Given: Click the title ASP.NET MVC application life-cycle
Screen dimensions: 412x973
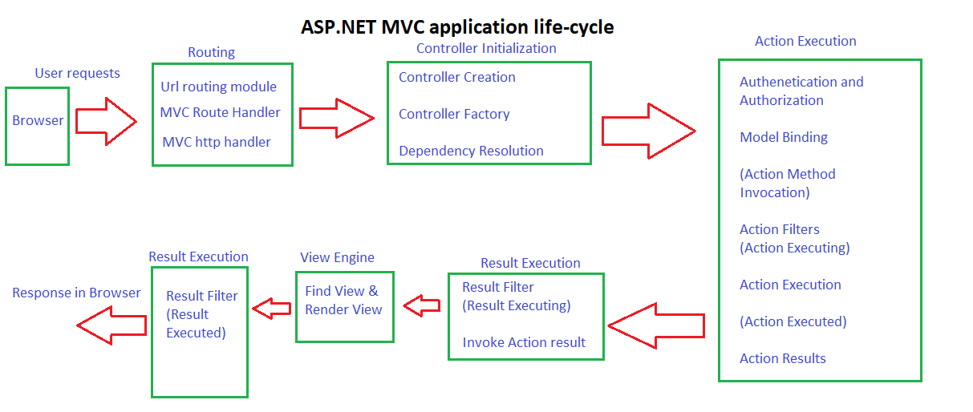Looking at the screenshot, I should tap(457, 26).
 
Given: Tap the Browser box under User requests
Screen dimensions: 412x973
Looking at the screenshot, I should tap(37, 121).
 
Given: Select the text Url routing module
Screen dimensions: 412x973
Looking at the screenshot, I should tap(218, 87).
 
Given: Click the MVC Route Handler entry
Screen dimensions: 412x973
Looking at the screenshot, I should tap(220, 112).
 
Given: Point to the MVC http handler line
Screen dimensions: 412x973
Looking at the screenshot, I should tap(217, 142).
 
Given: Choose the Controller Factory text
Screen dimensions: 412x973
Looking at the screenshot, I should tap(454, 114).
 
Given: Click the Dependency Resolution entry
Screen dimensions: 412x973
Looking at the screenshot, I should tap(471, 151).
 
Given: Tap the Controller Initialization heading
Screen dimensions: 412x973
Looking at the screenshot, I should tap(486, 48).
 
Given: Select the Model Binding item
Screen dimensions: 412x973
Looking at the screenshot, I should tap(783, 137).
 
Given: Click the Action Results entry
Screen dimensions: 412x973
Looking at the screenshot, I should tap(782, 358).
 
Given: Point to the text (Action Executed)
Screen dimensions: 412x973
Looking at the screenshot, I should tap(793, 321).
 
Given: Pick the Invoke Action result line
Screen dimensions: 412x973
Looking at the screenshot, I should tap(524, 342).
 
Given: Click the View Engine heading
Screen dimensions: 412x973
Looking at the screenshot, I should tap(337, 257).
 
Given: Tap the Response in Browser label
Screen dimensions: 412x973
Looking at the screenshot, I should tap(76, 293).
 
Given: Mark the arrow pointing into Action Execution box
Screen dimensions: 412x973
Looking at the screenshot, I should tap(647, 131).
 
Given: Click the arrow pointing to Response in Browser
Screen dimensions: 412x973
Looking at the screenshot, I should tap(111, 325).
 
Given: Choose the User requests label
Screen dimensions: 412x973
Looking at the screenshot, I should tap(77, 73).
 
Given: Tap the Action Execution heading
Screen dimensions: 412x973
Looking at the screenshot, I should tap(805, 41).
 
